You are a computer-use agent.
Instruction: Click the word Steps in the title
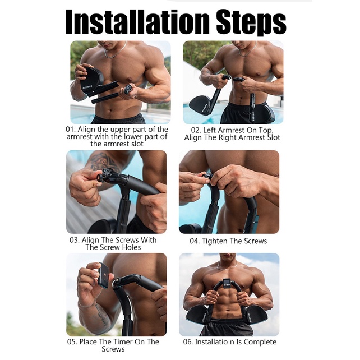point(251,23)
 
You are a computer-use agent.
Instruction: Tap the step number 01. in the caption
point(71,130)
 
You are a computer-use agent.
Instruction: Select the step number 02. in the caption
point(196,130)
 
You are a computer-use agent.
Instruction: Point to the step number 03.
point(75,240)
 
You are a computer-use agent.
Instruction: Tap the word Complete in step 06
point(260,342)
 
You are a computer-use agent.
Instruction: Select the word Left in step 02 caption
point(209,130)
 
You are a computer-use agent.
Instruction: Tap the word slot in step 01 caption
point(137,144)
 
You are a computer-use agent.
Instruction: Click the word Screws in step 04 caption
point(255,241)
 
